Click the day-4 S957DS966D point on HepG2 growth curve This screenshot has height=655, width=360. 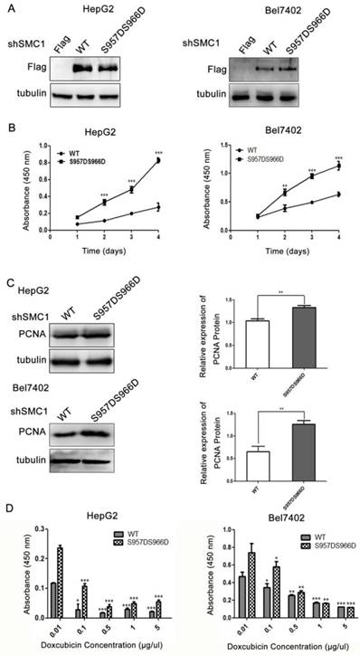(160, 160)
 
